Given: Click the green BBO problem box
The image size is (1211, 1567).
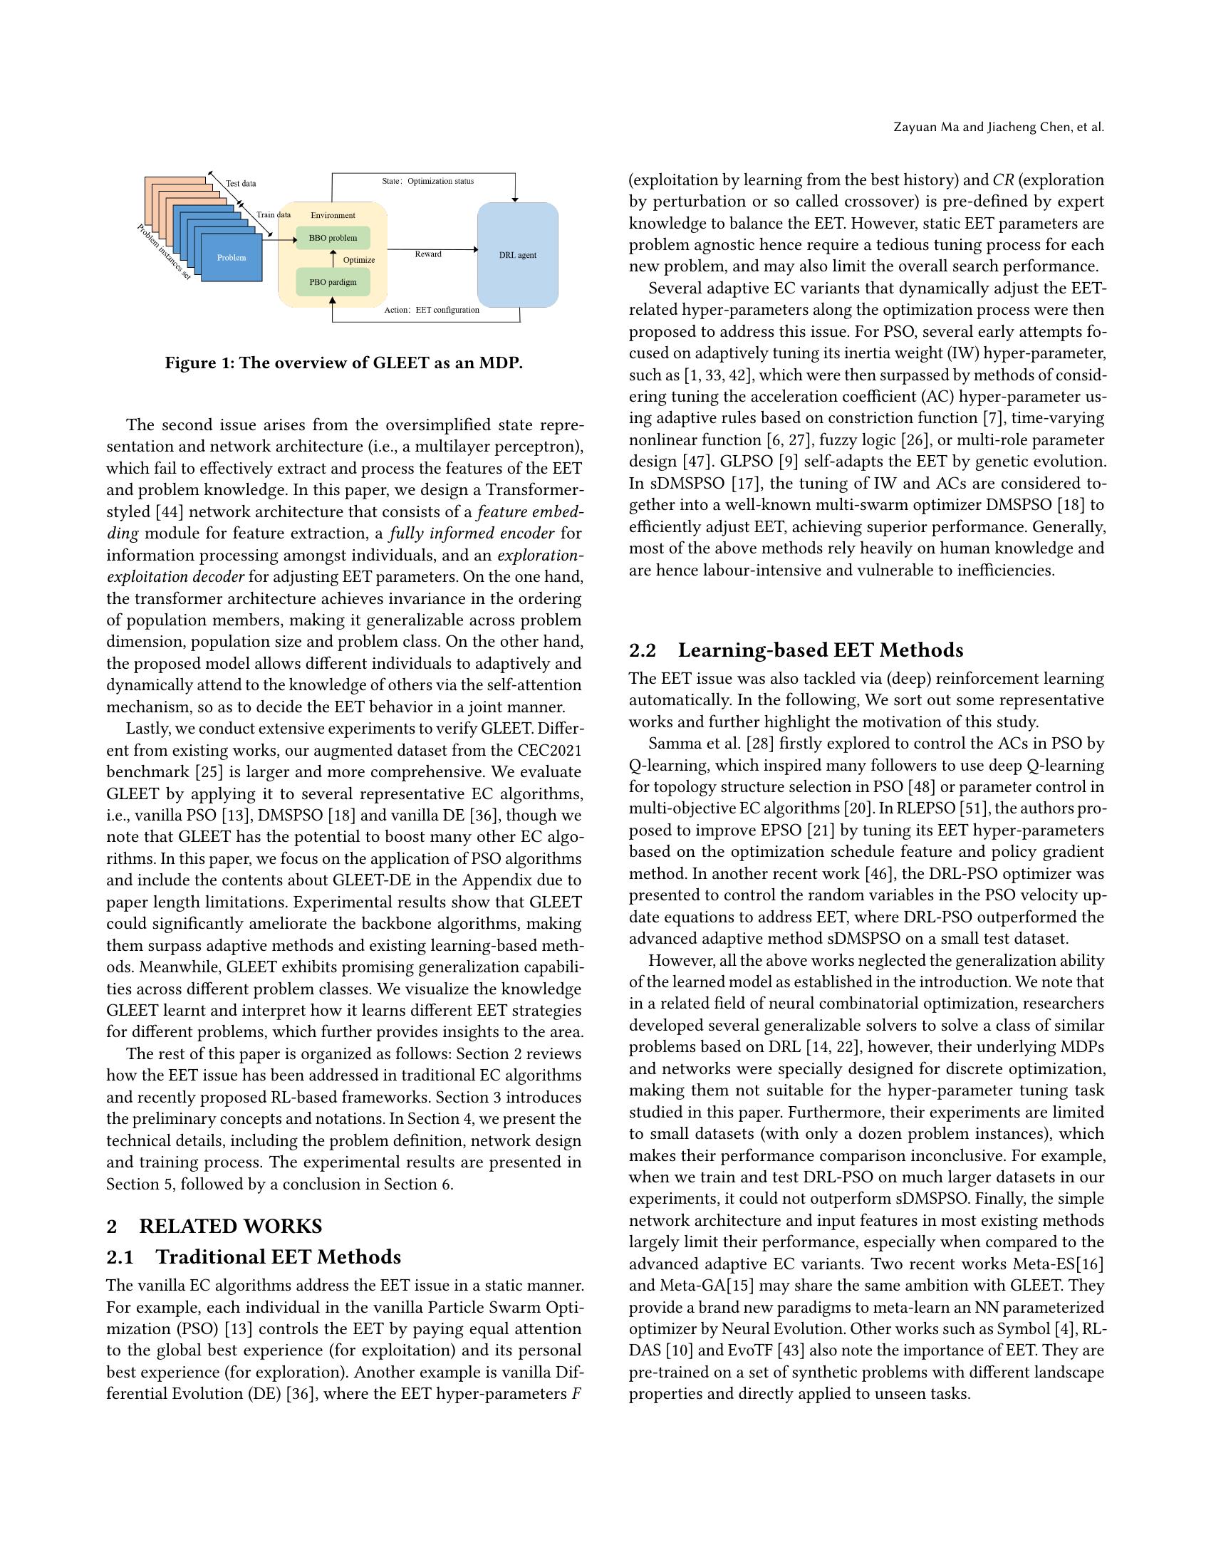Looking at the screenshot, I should (x=332, y=237).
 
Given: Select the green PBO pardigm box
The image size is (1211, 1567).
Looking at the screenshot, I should (x=332, y=282).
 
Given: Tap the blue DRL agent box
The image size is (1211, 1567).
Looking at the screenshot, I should (x=517, y=255).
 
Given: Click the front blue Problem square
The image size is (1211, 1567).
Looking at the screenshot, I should (x=231, y=258).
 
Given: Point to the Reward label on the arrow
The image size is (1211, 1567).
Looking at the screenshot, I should (x=428, y=254).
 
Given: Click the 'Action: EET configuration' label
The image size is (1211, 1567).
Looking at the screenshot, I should (x=431, y=310).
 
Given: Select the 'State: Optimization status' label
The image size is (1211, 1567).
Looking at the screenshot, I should (x=427, y=181).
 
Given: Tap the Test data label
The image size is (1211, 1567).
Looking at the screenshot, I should (x=241, y=184).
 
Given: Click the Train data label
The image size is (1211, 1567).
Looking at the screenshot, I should (x=274, y=214).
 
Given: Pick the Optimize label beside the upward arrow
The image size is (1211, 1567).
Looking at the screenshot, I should (x=359, y=260).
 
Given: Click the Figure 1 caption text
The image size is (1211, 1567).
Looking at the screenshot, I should (x=343, y=363).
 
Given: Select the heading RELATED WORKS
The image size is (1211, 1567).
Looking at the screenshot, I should (x=230, y=1227).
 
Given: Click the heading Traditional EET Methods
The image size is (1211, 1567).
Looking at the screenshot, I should (x=279, y=1256).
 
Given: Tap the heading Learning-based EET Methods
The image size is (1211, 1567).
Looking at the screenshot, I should (x=821, y=650).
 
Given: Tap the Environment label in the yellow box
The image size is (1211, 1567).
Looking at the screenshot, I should (x=332, y=215).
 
